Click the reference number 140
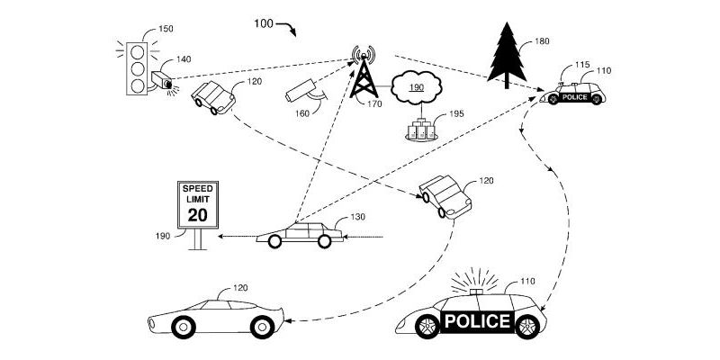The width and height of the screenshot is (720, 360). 184,59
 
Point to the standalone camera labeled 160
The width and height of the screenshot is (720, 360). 302,90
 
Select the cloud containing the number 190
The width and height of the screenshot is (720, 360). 417,88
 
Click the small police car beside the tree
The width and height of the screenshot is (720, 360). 577,94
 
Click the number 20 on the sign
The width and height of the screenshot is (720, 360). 195,214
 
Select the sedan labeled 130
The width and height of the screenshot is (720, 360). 300,235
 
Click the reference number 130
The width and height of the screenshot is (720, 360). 357,216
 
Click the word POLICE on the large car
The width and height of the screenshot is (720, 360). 476,321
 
